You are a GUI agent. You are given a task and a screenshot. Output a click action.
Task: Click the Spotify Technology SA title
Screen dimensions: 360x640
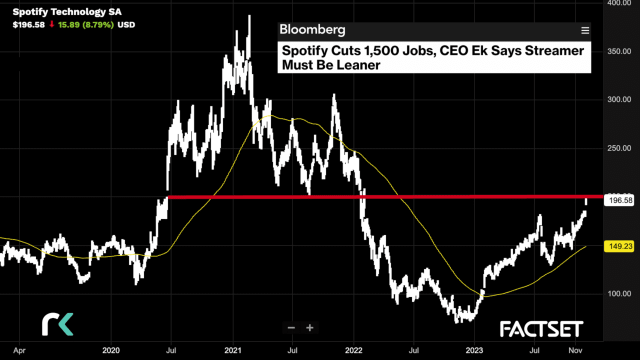click(67, 12)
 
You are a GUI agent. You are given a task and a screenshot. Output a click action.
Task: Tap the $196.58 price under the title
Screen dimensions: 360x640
click(29, 24)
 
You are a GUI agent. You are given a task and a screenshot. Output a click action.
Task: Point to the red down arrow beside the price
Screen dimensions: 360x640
click(51, 24)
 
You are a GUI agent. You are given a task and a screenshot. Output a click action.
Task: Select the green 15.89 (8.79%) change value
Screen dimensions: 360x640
click(86, 24)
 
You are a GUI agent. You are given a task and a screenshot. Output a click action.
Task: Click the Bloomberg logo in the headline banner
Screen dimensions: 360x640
click(312, 30)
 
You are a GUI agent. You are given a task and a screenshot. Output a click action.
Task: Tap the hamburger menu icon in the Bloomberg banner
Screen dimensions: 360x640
click(585, 30)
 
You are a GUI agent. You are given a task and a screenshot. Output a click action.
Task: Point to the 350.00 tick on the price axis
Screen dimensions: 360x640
click(618, 51)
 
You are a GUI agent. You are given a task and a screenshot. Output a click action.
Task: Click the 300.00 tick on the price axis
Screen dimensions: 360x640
click(618, 99)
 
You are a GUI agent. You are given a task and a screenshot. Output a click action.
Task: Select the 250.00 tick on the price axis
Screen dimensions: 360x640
click(618, 148)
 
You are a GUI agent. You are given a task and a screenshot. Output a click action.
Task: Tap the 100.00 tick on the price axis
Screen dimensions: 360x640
click(618, 293)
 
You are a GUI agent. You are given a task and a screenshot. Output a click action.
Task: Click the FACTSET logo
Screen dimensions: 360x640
click(541, 329)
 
